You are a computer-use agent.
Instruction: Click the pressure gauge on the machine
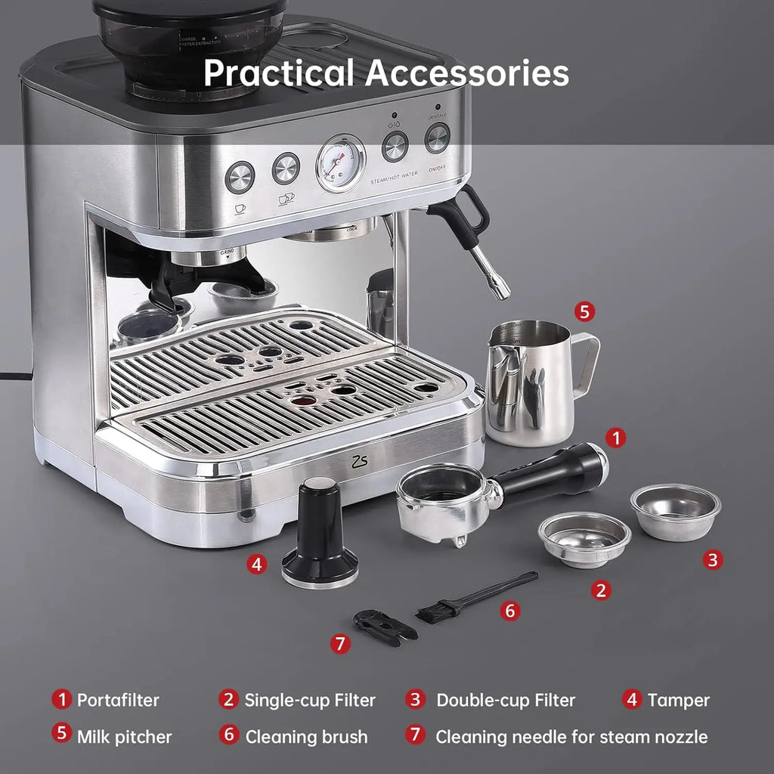point(340,163)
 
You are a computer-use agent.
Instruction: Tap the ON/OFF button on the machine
point(437,138)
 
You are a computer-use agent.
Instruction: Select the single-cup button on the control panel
point(240,177)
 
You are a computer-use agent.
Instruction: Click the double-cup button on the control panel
point(286,168)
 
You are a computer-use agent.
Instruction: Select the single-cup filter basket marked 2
point(584,537)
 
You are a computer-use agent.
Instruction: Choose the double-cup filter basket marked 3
point(675,511)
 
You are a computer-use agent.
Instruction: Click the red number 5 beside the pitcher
point(584,311)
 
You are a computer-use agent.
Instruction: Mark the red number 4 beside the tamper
point(258,564)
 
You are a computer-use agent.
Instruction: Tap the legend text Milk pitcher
point(124,736)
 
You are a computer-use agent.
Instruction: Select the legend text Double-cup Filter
point(505,700)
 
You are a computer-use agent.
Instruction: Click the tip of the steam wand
point(500,292)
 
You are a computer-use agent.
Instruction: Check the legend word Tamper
point(678,700)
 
